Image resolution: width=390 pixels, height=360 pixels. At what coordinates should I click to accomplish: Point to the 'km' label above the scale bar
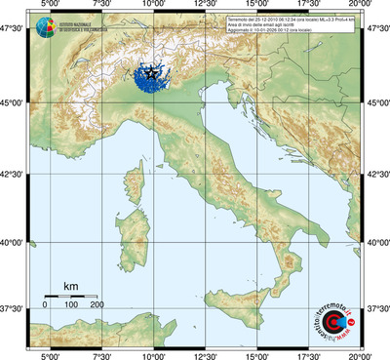pyautogui.click(x=70, y=286)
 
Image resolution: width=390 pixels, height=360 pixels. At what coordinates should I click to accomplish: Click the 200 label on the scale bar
pyautogui.click(x=97, y=305)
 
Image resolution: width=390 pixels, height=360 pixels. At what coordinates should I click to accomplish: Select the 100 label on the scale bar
pyautogui.click(x=70, y=305)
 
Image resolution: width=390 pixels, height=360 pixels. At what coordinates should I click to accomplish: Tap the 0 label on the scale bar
pyautogui.click(x=45, y=305)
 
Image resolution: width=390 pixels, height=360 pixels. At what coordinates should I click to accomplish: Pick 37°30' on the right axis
pyautogui.click(x=376, y=307)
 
